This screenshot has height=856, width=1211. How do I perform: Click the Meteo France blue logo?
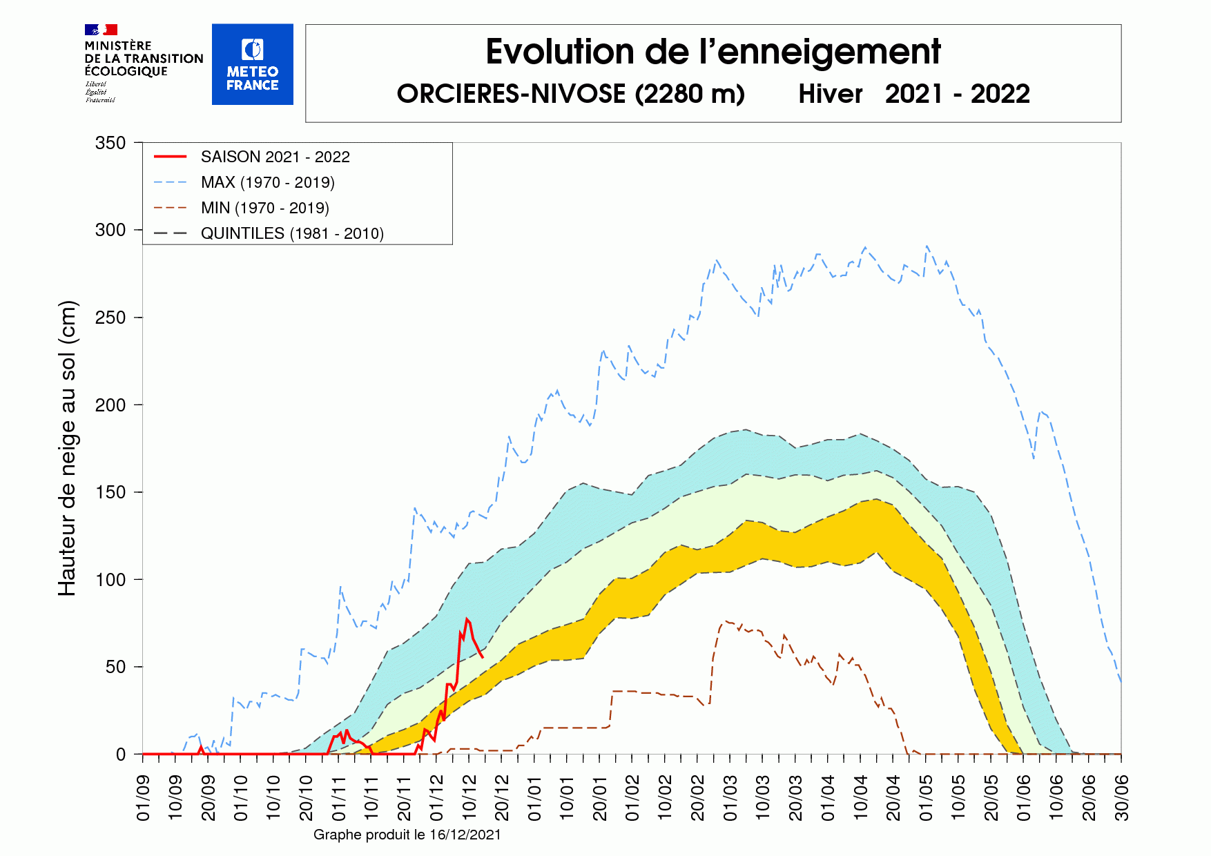point(252,64)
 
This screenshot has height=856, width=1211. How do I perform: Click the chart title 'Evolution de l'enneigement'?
point(713,52)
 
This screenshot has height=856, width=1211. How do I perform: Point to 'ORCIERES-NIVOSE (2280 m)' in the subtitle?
point(570,94)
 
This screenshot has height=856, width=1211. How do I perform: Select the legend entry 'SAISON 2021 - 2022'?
point(275,157)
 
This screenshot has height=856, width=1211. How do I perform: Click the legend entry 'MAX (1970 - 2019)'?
point(267,182)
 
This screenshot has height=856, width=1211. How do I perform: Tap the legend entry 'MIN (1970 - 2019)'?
point(264,208)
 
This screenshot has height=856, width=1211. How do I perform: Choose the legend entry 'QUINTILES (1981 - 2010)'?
point(292,233)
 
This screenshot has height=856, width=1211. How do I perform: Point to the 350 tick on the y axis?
point(110,143)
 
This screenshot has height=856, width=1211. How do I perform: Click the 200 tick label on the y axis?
point(110,405)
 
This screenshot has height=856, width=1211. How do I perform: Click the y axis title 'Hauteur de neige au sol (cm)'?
point(67,449)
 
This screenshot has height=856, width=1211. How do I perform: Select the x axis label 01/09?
point(144,798)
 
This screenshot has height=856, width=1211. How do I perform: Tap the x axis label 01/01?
point(535,798)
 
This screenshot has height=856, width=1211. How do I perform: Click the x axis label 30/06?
point(1122,798)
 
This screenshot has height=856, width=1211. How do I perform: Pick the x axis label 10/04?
point(861,798)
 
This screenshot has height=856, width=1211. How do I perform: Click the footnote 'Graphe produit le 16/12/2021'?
point(407,835)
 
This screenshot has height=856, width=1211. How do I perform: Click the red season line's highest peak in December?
point(467,619)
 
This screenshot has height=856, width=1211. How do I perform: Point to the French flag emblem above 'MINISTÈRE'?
point(101,30)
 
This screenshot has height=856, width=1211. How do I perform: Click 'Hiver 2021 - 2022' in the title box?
point(913,94)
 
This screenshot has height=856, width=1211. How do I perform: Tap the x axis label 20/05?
point(991,798)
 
